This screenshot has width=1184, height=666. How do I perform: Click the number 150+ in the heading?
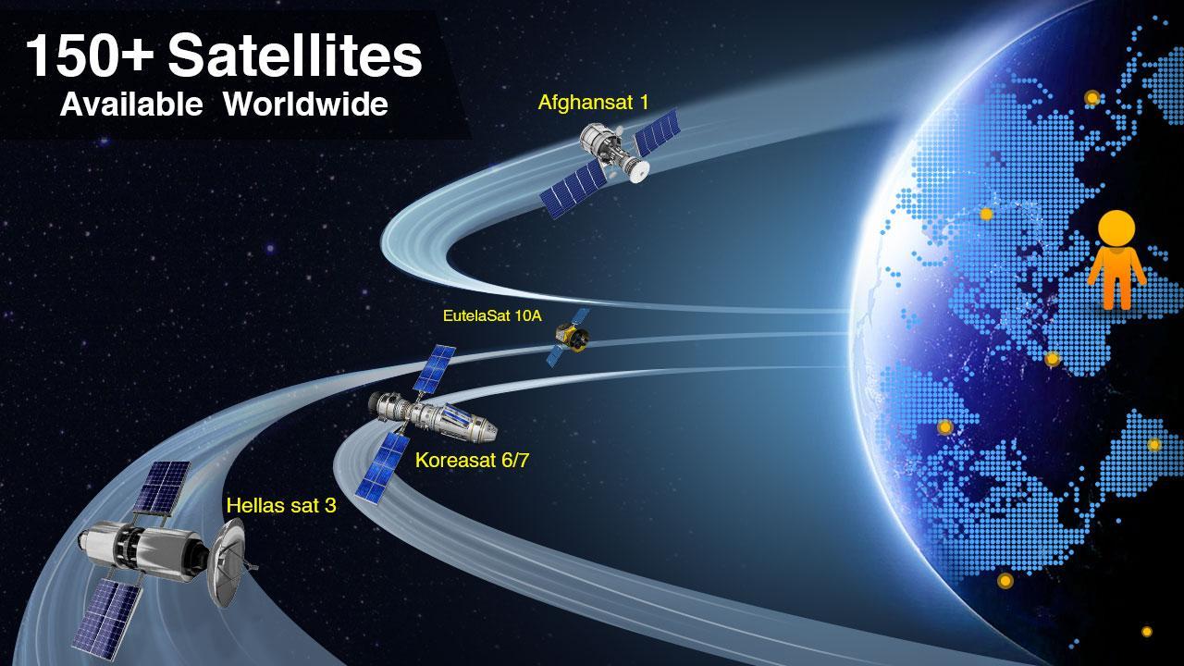pos(90,55)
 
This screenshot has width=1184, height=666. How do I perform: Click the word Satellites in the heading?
pos(295,55)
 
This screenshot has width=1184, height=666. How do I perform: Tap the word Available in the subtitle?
pos(131,105)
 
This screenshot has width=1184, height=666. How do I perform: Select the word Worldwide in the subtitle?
pos(305,105)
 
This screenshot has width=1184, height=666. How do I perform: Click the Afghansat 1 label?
pos(593,102)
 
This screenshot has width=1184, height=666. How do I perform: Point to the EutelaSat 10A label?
pos(492,315)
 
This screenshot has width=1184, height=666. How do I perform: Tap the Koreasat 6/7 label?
pos(472,460)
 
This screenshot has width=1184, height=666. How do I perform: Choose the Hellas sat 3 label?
pos(281,505)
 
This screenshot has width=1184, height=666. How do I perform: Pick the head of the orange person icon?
pos(1116,228)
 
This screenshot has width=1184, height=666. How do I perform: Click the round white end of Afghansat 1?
pos(639,171)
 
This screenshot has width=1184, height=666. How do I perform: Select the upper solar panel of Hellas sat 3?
pos(161,487)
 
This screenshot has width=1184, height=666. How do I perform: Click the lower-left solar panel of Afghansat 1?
pos(573,189)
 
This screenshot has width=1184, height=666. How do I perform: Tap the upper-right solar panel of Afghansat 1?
pos(657,132)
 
